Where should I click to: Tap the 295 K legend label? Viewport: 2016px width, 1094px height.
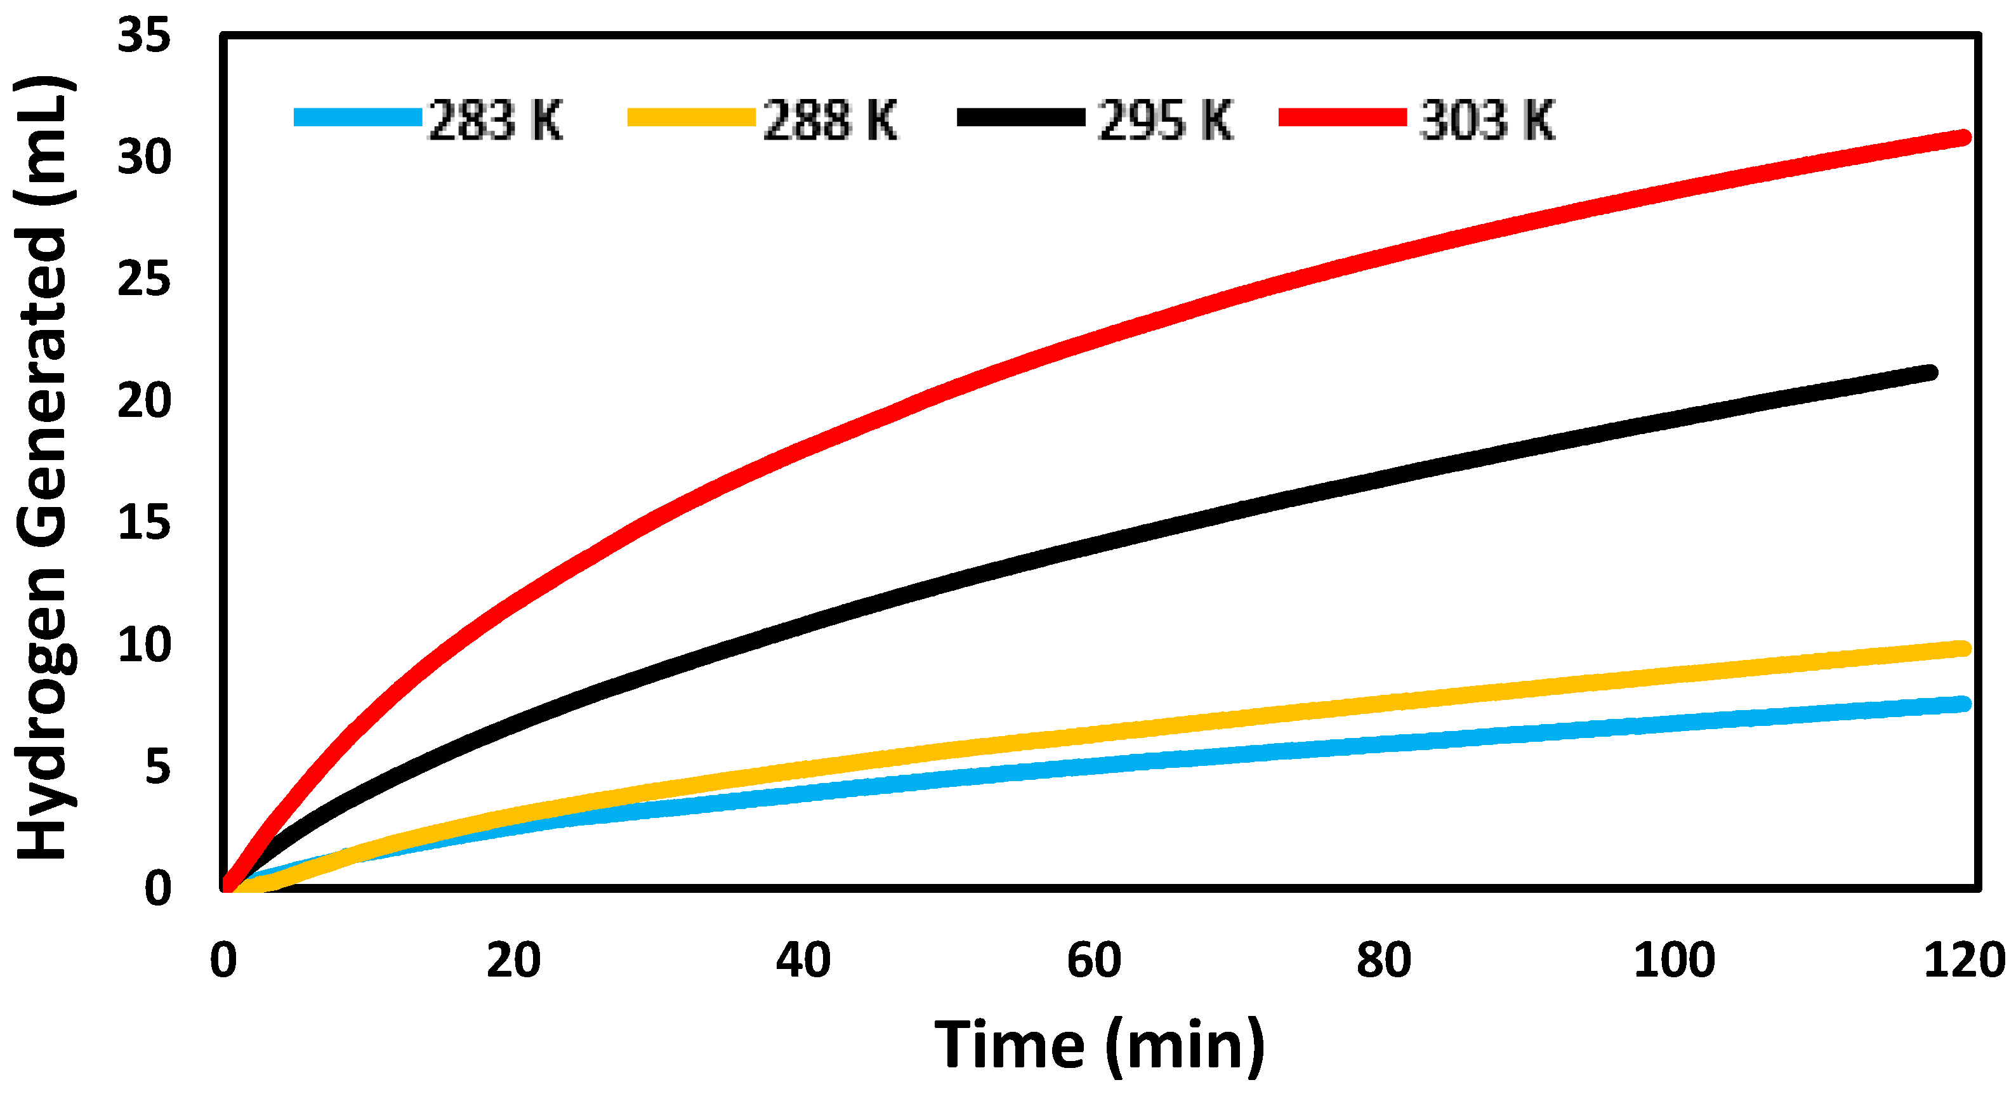1164,121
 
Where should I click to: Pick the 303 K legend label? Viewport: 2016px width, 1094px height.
1486,121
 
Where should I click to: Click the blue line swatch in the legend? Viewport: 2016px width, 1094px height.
358,117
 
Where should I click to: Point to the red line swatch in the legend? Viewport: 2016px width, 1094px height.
1342,117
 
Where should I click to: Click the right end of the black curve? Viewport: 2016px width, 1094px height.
1930,372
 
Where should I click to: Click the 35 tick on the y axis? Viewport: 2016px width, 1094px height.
144,36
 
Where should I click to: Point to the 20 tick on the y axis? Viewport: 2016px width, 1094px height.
144,400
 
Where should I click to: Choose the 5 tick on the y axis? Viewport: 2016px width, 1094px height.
157,767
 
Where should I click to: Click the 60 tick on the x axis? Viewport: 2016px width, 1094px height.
1093,961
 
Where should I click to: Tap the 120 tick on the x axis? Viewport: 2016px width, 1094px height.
1963,961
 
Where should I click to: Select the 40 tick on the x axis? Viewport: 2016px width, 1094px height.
803,961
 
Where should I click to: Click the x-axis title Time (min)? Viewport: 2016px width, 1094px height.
1099,1046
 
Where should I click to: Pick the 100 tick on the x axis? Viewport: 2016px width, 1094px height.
1674,961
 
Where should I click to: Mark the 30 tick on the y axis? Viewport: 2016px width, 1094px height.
144,157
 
